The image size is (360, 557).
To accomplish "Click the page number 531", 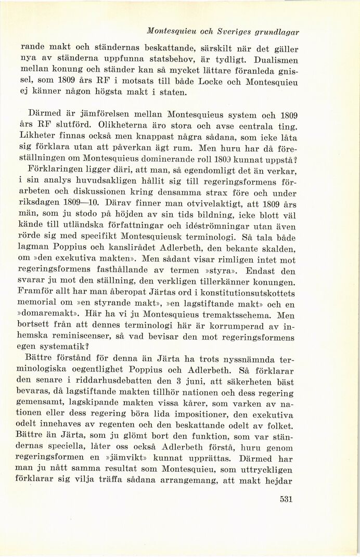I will coord(286,500).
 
